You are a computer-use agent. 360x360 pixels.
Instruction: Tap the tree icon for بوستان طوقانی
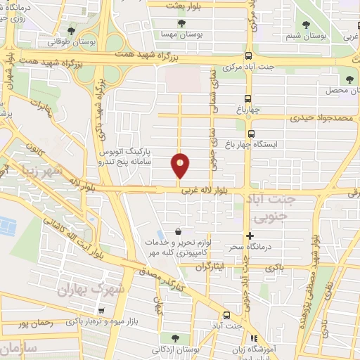73,31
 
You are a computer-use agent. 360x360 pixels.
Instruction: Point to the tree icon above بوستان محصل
349,79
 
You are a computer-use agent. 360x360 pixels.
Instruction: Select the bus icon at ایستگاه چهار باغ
251,132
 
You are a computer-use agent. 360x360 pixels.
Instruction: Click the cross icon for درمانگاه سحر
249,236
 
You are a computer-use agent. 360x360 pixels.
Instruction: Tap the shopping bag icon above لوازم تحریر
178,231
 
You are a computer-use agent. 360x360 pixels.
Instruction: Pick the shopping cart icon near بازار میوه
103,310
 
